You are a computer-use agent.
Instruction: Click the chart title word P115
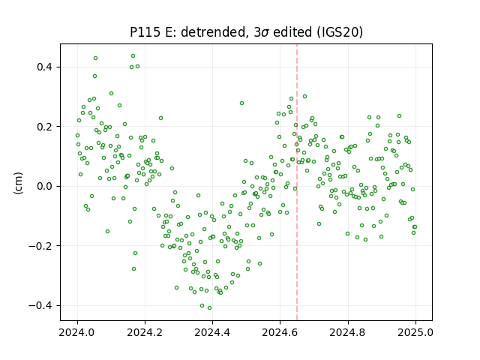pyautogui.click(x=145, y=32)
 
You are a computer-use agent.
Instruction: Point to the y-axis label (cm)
pyautogui.click(x=18, y=183)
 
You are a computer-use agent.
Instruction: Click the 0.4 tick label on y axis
pyautogui.click(x=46, y=67)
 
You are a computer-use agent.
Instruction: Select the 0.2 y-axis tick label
pyautogui.click(x=46, y=127)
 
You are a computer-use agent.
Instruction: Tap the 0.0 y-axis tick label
pyautogui.click(x=46, y=186)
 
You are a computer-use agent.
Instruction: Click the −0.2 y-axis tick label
pyautogui.click(x=41, y=246)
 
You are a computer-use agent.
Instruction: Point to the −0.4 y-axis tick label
pyautogui.click(x=41, y=305)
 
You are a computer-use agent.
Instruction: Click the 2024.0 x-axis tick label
pyautogui.click(x=77, y=332)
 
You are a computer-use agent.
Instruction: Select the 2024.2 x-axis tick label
pyautogui.click(x=145, y=332)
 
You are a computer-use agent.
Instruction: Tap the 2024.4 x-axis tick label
pyautogui.click(x=212, y=332)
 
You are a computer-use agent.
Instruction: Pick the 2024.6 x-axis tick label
pyautogui.click(x=280, y=332)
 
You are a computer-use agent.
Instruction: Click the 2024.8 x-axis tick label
pyautogui.click(x=348, y=332)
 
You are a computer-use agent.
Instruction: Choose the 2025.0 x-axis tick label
pyautogui.click(x=415, y=332)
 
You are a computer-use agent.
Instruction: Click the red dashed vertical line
pyautogui.click(x=297, y=182)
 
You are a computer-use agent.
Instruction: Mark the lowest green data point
pyautogui.click(x=210, y=308)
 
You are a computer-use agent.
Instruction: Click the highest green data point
pyautogui.click(x=133, y=56)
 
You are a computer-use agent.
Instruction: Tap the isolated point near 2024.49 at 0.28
pyautogui.click(x=241, y=103)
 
